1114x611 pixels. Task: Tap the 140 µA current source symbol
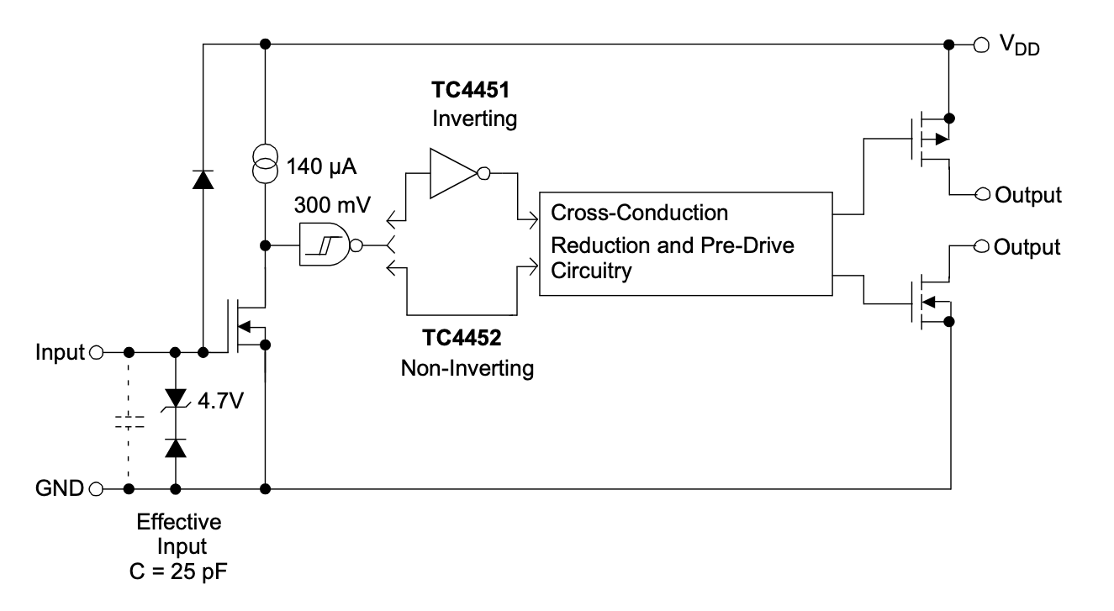(265, 163)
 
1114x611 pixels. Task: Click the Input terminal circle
(95, 352)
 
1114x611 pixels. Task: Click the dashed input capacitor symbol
(129, 421)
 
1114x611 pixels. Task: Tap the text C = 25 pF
(179, 573)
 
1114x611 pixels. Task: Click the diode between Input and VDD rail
(203, 178)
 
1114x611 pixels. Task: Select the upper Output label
(1027, 196)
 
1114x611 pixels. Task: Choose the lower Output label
(1027, 248)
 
